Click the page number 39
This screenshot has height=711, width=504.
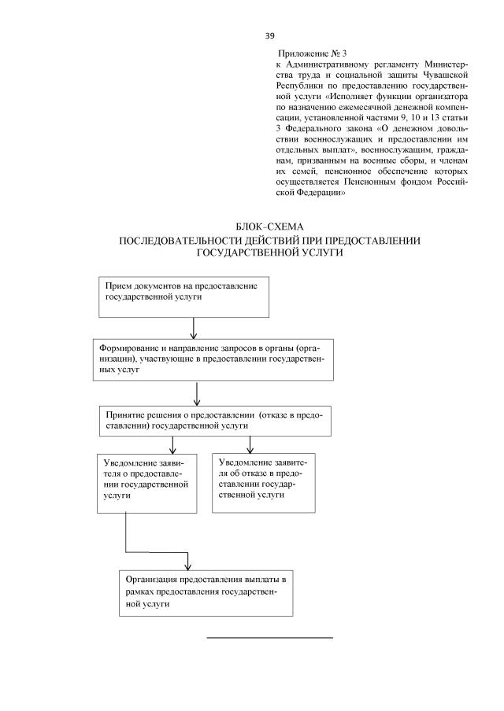[x=269, y=36]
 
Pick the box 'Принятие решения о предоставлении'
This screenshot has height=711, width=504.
[x=215, y=419]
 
